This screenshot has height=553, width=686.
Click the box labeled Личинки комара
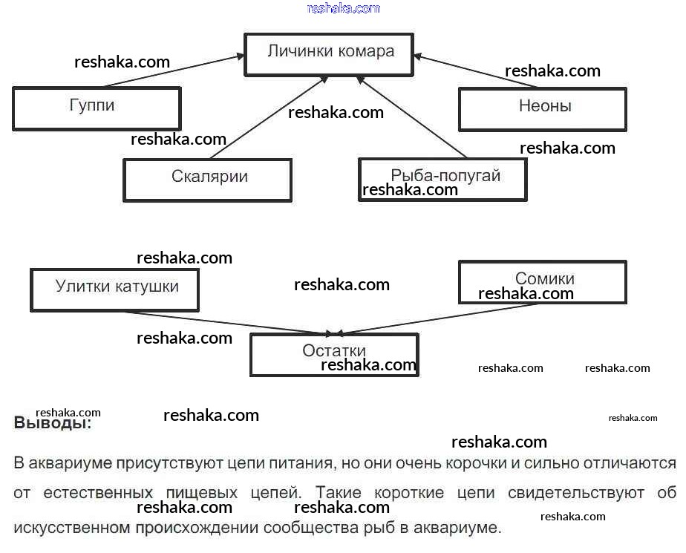click(x=330, y=53)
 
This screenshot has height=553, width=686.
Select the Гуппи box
click(x=97, y=108)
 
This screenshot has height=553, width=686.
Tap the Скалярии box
click(x=208, y=179)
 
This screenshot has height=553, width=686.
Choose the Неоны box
click(x=543, y=108)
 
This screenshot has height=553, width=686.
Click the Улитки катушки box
click(x=115, y=288)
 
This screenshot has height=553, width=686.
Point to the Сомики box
click(x=543, y=281)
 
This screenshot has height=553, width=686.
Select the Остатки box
click(x=334, y=353)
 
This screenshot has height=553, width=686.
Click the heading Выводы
click(x=53, y=424)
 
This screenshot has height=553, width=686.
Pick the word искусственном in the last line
click(x=71, y=528)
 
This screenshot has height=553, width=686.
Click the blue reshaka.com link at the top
click(x=343, y=8)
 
